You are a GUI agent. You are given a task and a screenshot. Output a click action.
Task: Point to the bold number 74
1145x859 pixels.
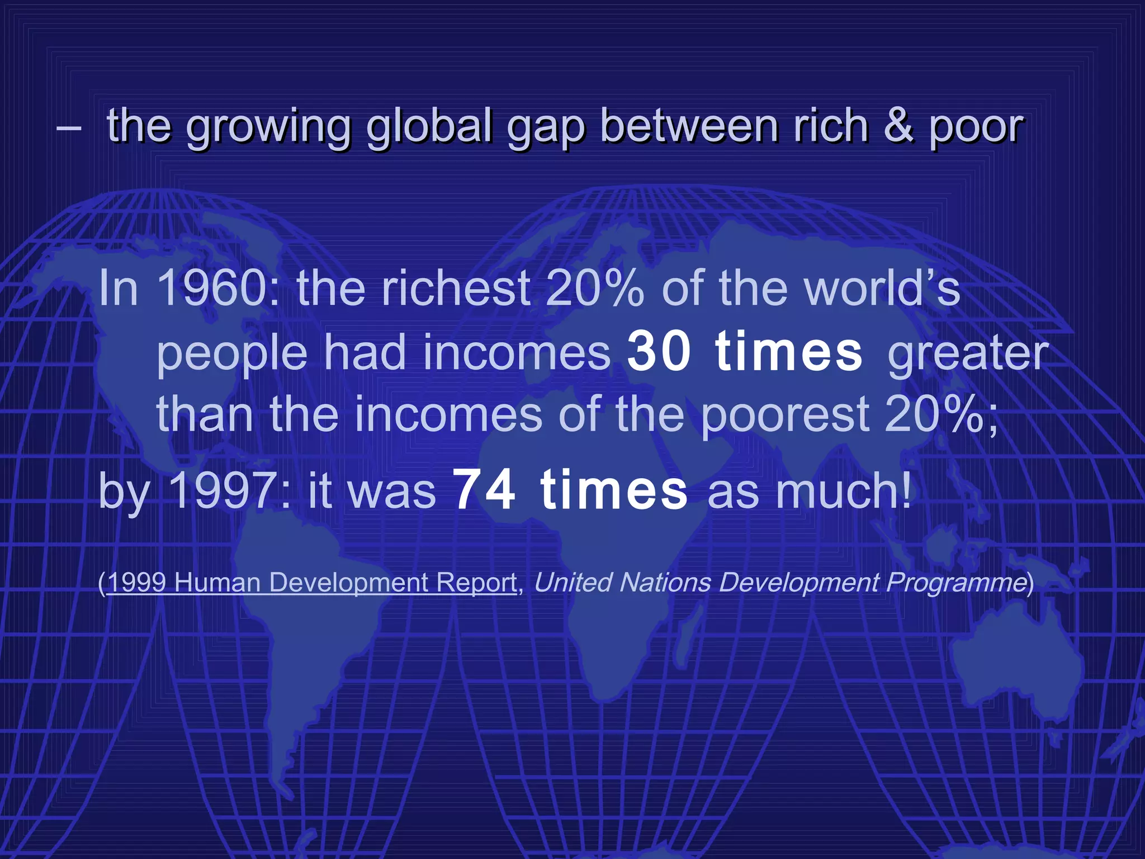click(x=484, y=490)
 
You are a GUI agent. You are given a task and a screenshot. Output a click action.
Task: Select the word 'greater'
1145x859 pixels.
click(x=968, y=353)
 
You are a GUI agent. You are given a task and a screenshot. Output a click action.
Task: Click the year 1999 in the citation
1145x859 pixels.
click(x=137, y=582)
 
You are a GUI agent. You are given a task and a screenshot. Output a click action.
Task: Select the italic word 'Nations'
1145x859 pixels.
click(x=665, y=582)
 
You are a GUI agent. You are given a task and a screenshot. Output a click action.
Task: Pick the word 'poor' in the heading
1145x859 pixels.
click(x=976, y=128)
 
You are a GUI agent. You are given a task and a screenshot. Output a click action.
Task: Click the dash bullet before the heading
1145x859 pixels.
click(x=69, y=128)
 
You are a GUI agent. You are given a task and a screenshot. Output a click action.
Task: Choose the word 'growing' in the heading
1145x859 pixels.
click(x=268, y=128)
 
